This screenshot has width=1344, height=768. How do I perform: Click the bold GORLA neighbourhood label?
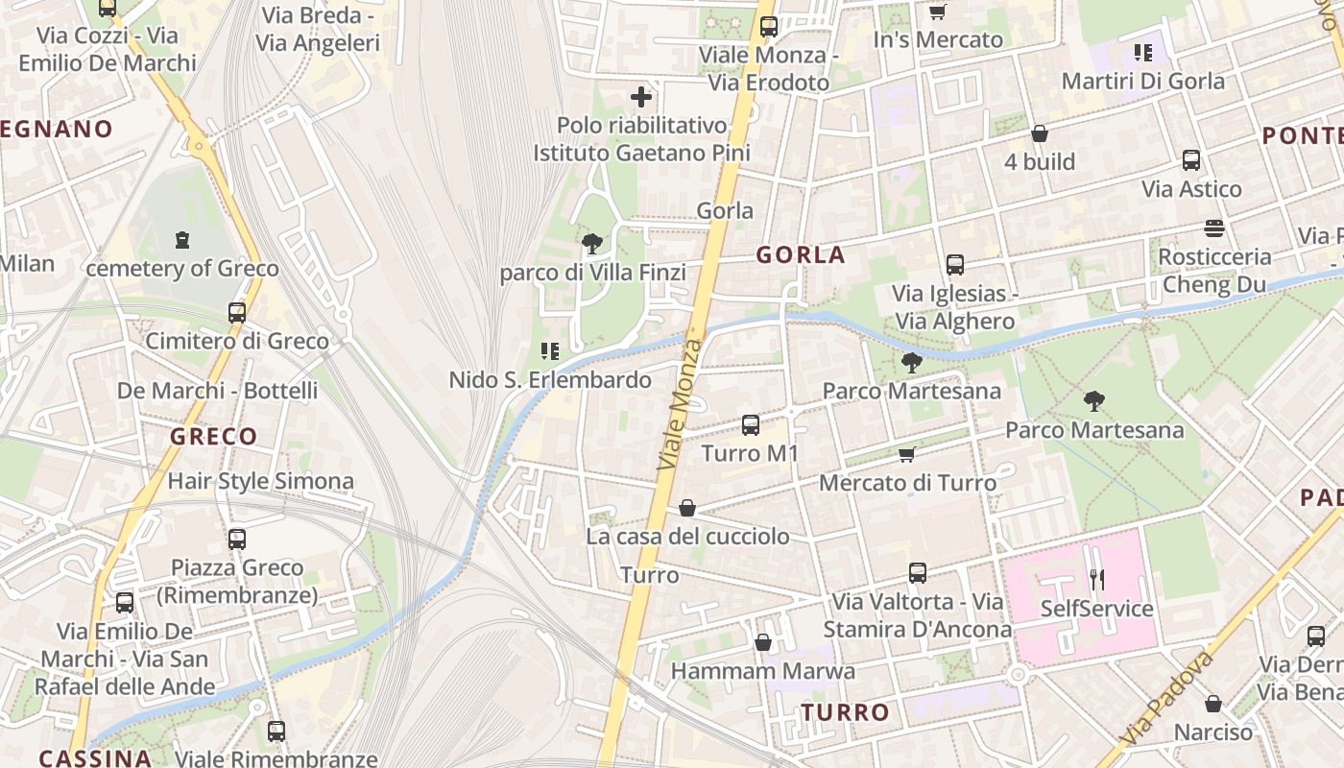pyautogui.click(x=801, y=254)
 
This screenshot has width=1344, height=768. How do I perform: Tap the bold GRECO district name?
pyautogui.click(x=214, y=437)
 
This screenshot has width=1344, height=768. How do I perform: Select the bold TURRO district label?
pyautogui.click(x=845, y=712)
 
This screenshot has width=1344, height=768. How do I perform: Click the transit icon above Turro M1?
pyautogui.click(x=751, y=424)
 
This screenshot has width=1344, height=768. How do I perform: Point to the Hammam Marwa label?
pyautogui.click(x=762, y=670)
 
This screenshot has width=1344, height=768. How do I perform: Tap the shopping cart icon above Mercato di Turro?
pyautogui.click(x=906, y=454)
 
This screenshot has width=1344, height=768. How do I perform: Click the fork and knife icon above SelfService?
pyautogui.click(x=1097, y=579)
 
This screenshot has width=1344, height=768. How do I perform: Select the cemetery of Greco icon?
pyautogui.click(x=182, y=240)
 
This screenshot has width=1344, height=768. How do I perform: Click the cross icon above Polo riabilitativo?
pyautogui.click(x=641, y=96)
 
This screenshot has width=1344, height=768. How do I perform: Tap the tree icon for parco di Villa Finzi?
pyautogui.click(x=592, y=244)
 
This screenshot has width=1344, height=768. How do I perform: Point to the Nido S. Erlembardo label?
pyautogui.click(x=550, y=380)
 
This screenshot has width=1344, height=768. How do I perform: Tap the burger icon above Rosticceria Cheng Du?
pyautogui.click(x=1214, y=228)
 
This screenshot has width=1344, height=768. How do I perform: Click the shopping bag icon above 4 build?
pyautogui.click(x=1039, y=133)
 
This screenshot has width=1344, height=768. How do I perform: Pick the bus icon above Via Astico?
pyautogui.click(x=1191, y=160)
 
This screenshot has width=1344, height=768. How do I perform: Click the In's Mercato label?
pyautogui.click(x=938, y=39)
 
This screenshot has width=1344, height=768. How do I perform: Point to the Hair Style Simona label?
pyautogui.click(x=260, y=481)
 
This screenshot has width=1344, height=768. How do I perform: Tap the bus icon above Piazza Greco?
pyautogui.click(x=237, y=540)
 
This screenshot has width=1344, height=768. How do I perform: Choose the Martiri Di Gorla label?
pyautogui.click(x=1142, y=81)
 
